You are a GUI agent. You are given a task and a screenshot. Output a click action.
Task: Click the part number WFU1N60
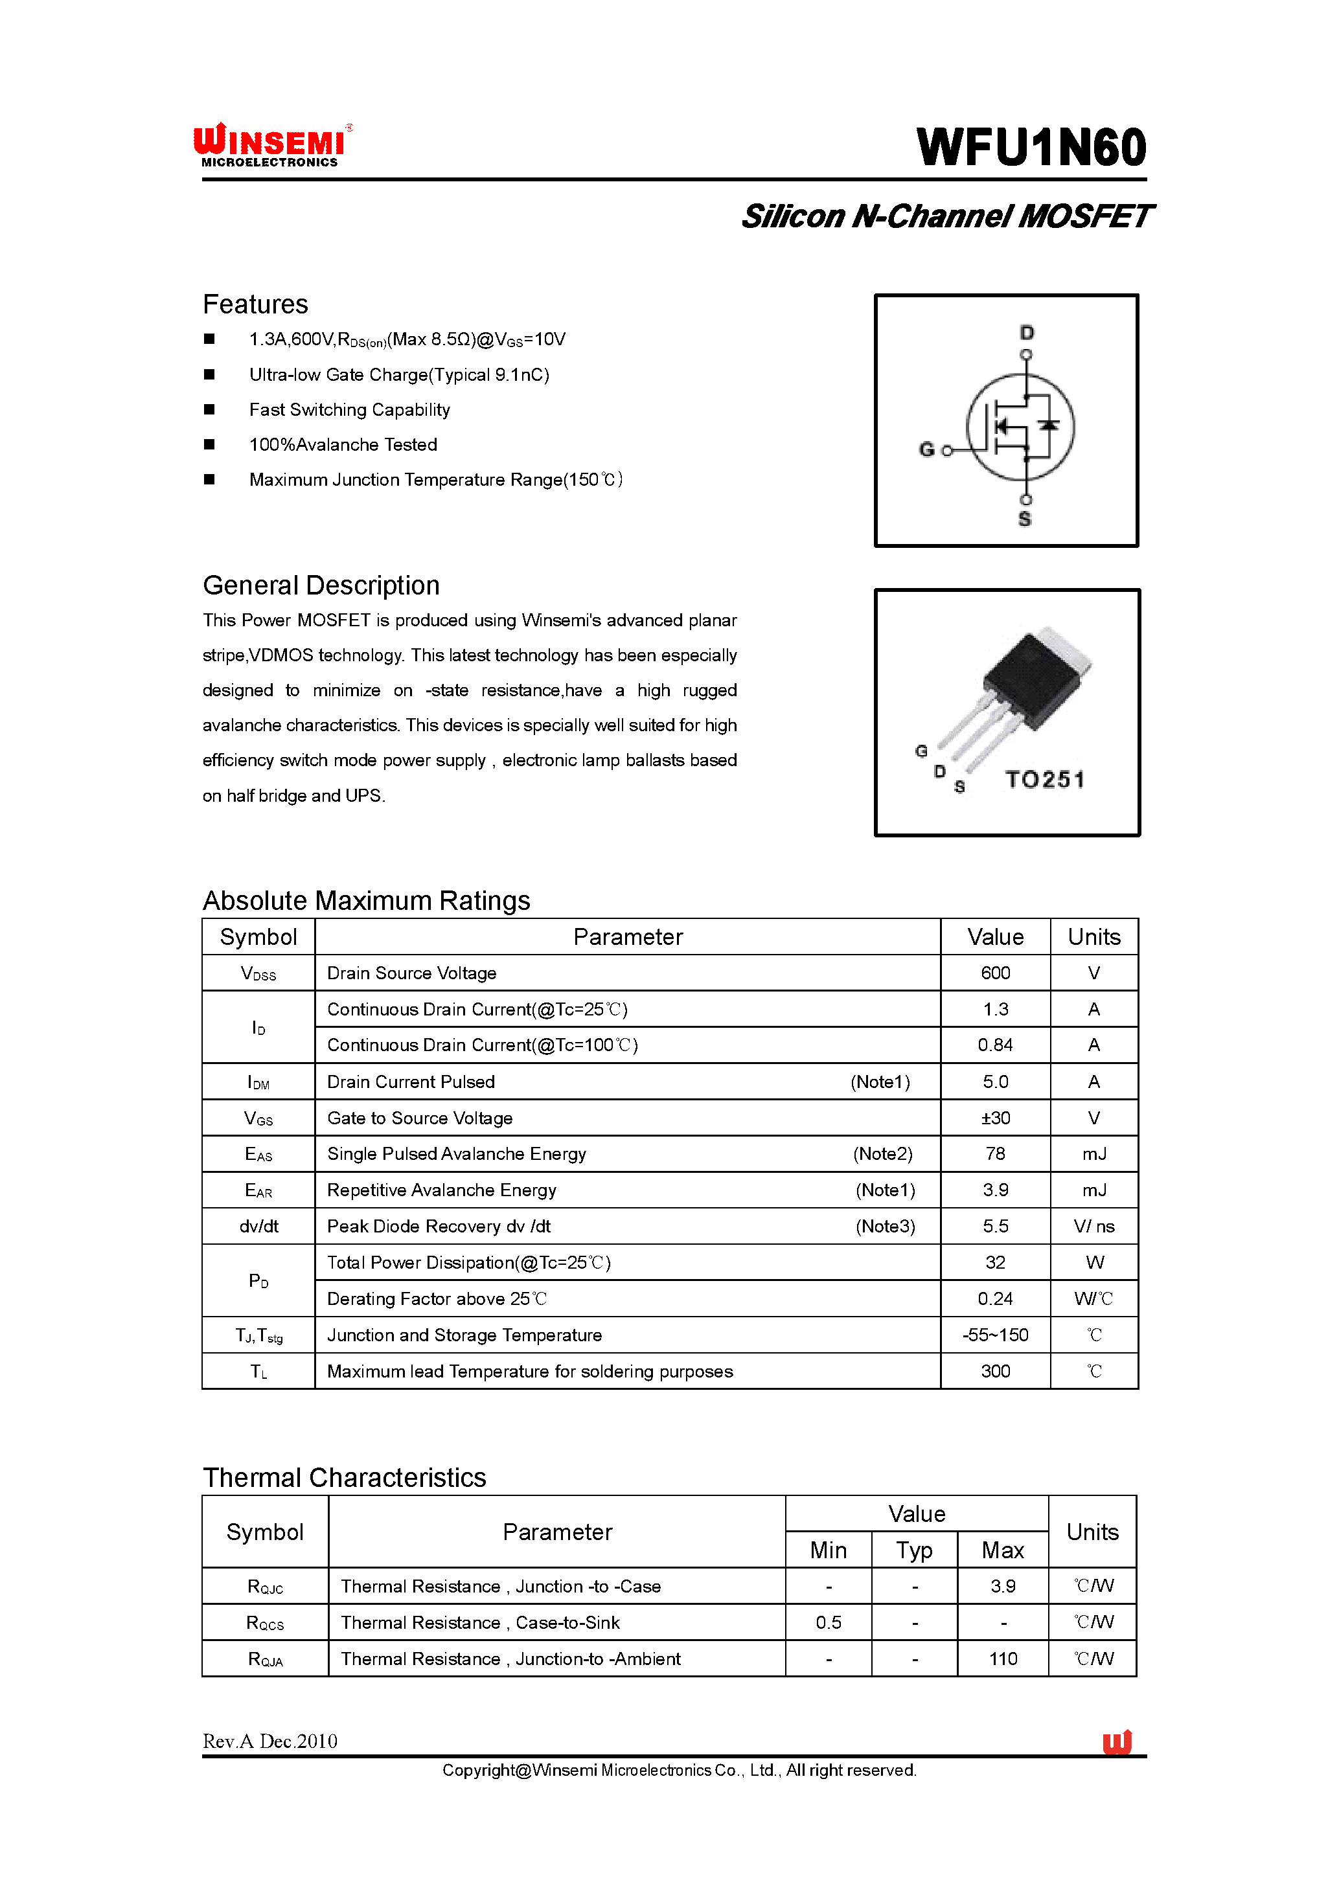[1031, 148]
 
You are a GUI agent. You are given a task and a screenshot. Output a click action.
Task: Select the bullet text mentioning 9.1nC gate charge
[399, 375]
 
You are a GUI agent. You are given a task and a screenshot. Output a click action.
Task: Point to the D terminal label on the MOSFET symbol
[1027, 332]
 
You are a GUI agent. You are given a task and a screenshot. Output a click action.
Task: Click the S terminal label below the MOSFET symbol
[1025, 519]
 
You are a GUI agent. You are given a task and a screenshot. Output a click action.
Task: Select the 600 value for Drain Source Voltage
[995, 973]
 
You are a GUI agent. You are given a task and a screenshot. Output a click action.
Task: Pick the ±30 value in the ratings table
[995, 1118]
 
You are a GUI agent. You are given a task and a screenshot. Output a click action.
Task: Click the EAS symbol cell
[258, 1154]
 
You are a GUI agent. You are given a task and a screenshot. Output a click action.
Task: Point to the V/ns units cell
[1093, 1226]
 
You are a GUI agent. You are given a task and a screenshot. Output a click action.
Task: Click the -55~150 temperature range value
[995, 1335]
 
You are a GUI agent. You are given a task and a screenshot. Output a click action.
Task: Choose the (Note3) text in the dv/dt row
[885, 1226]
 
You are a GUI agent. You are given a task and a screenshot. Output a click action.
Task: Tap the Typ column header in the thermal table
[915, 1550]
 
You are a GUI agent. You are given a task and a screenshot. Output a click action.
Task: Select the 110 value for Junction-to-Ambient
[1003, 1659]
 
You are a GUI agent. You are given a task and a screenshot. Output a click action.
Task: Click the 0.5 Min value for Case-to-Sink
[829, 1622]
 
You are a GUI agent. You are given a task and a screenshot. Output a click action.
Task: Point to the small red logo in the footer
[1117, 1741]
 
